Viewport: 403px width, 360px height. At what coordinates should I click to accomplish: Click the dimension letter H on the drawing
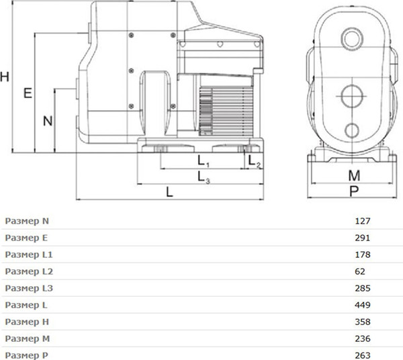pos(5,77)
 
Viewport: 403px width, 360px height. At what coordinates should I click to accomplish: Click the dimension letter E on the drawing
pos(28,93)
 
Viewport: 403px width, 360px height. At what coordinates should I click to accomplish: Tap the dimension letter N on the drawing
pos(48,121)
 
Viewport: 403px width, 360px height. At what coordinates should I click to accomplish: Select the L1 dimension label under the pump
pos(204,161)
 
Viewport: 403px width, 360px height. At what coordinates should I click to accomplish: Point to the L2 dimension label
pos(255,162)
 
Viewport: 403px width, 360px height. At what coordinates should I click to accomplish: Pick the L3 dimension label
pos(204,177)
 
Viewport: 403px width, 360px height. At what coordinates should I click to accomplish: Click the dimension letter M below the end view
pos(354,176)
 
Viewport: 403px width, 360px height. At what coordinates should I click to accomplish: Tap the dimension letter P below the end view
pos(354,191)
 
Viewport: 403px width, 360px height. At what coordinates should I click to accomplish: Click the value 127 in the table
pos(363,221)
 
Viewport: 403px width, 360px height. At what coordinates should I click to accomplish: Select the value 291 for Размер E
pos(363,238)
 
